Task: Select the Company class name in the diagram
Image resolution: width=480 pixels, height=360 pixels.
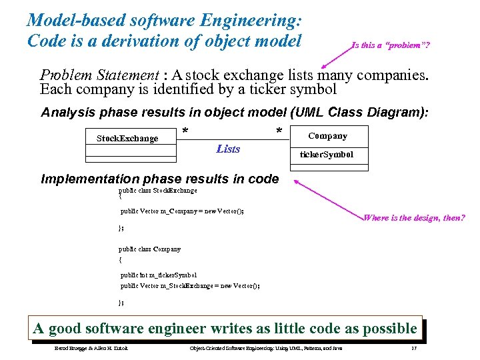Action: tap(327, 136)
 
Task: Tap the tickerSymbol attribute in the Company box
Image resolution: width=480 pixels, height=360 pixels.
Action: tap(327, 155)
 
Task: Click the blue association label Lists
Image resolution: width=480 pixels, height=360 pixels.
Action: tap(228, 149)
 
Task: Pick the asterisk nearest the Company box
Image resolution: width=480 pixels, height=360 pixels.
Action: tap(279, 131)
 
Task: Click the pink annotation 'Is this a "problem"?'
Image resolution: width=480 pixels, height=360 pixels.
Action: tap(391, 45)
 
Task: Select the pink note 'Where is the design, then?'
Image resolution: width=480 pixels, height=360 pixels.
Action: tap(413, 218)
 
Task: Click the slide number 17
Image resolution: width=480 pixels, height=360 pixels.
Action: tap(414, 349)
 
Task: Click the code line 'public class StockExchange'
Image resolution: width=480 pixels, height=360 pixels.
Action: tap(158, 190)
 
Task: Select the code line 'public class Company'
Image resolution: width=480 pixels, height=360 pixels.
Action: tap(150, 249)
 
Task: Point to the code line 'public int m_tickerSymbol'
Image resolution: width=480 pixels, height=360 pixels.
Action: tap(159, 274)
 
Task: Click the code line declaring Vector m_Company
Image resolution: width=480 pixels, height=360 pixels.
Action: tap(182, 211)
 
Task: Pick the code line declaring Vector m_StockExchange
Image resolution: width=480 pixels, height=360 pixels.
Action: tap(190, 285)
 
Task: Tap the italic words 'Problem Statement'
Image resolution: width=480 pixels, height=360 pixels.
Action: tap(99, 75)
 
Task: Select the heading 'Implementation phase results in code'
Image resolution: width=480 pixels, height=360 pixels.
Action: tap(160, 179)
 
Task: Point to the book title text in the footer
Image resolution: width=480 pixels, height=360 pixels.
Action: tap(266, 349)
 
